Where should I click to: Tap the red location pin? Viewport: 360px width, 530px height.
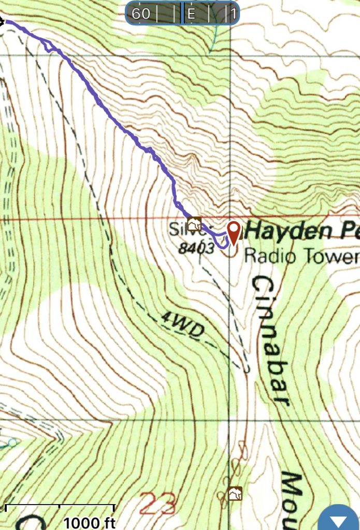coord(234,231)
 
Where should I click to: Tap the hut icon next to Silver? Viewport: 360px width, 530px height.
coord(195,224)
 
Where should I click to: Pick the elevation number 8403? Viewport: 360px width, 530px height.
coord(196,248)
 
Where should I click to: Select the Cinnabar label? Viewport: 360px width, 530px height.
coord(270,342)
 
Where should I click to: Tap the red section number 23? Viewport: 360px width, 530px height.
coord(157,503)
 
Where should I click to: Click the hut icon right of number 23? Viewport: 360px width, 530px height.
coord(235,493)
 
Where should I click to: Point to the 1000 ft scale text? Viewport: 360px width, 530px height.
coord(89,522)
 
